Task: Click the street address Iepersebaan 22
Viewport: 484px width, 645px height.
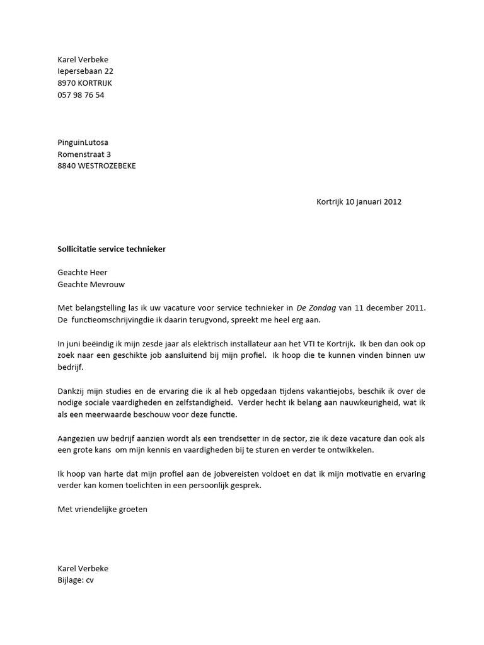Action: coord(86,71)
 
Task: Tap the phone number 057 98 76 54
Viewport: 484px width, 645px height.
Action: coord(81,95)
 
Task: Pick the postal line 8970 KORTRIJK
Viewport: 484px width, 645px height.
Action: coord(85,83)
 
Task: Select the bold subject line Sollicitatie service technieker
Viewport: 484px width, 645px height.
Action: coord(112,249)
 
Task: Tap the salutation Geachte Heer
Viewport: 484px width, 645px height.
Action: coord(83,273)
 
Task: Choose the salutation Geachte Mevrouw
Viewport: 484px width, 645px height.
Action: coord(91,284)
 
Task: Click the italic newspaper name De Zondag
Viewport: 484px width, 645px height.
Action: coord(316,308)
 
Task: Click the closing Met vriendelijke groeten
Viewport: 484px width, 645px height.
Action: coord(102,509)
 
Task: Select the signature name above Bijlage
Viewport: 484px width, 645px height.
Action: coord(83,568)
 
